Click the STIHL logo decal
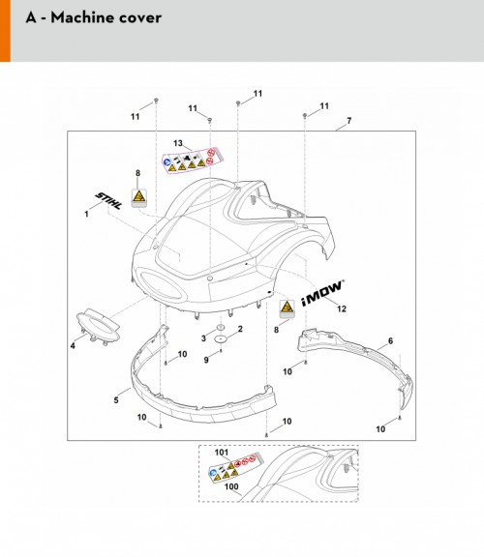click(108, 201)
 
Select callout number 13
click(178, 143)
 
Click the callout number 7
click(348, 121)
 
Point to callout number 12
click(342, 308)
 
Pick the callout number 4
click(73, 345)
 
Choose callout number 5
click(116, 400)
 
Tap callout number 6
click(390, 341)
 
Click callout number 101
click(222, 453)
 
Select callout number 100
click(231, 486)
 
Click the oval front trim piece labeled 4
click(98, 326)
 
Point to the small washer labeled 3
click(221, 327)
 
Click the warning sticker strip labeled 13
click(192, 161)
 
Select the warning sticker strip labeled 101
click(236, 467)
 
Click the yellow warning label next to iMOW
click(287, 308)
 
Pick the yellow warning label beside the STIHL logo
click(139, 198)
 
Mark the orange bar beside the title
click(5, 31)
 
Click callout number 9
click(206, 360)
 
